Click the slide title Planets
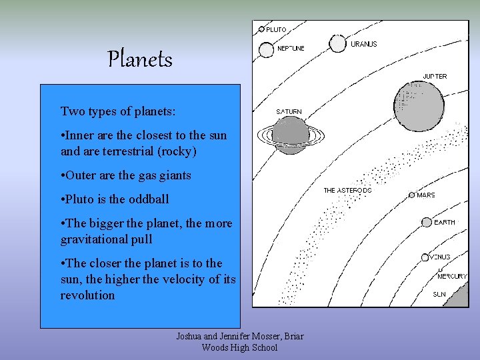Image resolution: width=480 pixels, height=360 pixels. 140,60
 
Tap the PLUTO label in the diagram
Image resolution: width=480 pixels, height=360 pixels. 277,29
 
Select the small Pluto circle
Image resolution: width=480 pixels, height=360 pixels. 262,29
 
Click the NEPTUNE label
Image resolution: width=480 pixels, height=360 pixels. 291,49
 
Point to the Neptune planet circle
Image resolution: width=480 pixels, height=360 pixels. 267,49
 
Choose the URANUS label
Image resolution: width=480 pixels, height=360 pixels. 364,44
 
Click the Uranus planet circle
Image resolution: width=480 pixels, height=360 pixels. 337,43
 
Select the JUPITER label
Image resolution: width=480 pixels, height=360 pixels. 435,76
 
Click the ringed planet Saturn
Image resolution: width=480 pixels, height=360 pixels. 291,135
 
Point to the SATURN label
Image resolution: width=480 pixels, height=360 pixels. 289,111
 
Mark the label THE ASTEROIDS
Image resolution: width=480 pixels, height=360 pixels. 347,191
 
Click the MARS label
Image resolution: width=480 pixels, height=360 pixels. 426,195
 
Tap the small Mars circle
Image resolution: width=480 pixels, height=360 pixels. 412,195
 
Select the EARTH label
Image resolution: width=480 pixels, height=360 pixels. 445,223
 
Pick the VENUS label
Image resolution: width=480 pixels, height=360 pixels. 440,257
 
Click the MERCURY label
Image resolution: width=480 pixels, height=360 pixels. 452,276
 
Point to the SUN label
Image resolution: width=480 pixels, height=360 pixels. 439,294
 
